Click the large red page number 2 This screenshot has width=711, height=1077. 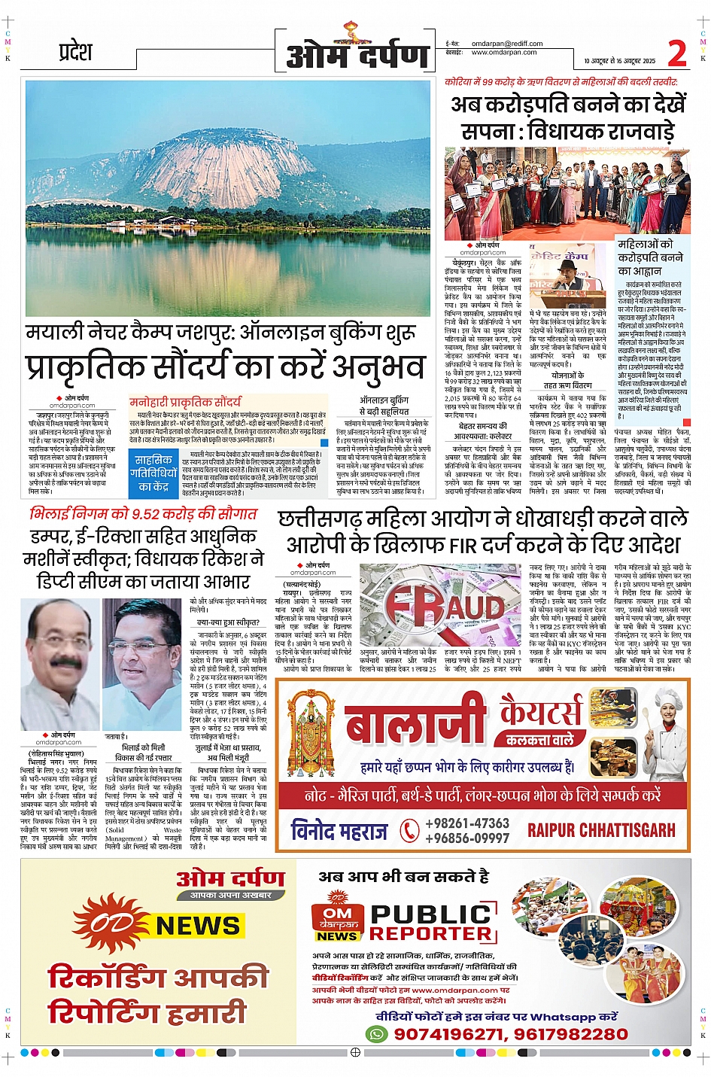pyautogui.click(x=677, y=53)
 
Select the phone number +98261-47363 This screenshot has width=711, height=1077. pyautogui.click(x=467, y=823)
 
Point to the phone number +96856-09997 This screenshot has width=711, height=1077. pyautogui.click(x=467, y=838)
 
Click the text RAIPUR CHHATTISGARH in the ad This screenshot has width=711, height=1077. pyautogui.click(x=601, y=830)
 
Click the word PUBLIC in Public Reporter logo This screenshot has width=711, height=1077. pyautogui.click(x=432, y=914)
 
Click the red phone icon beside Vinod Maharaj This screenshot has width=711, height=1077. pyautogui.click(x=409, y=831)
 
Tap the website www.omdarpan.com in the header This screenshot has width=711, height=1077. pyautogui.click(x=504, y=53)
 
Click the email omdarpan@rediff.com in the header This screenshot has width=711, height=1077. pyautogui.click(x=501, y=44)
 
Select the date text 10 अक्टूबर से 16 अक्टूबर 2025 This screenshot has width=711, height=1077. pyautogui.click(x=619, y=61)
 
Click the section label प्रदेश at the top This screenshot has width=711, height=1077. pyautogui.click(x=75, y=53)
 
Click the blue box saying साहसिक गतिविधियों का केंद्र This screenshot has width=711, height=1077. pyautogui.click(x=153, y=472)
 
